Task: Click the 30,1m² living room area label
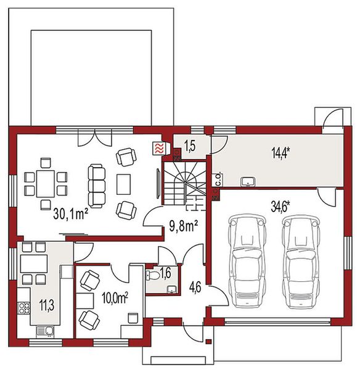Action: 71,214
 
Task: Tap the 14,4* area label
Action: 280,153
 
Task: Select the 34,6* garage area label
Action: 280,207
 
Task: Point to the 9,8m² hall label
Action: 184,226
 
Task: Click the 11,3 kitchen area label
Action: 47,305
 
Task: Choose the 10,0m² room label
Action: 115,298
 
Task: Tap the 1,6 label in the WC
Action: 165,273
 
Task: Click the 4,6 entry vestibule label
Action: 195,287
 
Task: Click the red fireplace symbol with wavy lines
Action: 158,149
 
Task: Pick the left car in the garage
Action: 247,261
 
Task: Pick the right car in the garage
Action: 301,261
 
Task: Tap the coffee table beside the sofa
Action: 123,184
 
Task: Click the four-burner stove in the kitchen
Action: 24,308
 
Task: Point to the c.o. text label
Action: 218,179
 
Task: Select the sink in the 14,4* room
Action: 248,182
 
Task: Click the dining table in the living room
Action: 46,184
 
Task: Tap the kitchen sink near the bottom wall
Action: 45,331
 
